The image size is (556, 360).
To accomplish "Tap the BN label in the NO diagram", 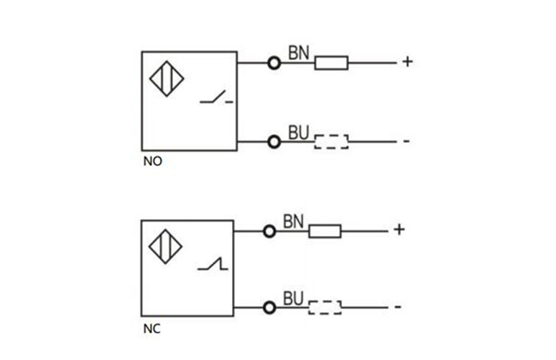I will (x=299, y=53).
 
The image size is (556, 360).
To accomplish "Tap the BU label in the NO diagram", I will (x=299, y=133).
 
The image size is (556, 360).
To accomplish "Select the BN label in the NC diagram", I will (x=292, y=222).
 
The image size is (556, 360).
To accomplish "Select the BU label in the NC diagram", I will (x=294, y=298).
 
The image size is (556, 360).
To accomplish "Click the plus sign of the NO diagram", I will (x=407, y=61).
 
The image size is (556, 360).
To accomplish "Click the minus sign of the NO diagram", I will (x=407, y=141).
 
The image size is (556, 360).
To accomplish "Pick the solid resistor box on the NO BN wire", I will (x=331, y=62).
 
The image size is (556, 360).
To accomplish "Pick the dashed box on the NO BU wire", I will (x=331, y=141).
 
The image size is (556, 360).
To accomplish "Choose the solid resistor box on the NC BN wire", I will (x=325, y=230).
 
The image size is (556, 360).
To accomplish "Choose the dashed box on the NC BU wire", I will (x=325, y=307).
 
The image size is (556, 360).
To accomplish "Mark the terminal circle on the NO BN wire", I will (x=274, y=62).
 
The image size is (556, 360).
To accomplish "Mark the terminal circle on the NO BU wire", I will (x=274, y=141).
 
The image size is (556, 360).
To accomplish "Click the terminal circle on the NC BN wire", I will (x=269, y=230).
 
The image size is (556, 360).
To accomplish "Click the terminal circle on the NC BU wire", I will (x=269, y=307).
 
